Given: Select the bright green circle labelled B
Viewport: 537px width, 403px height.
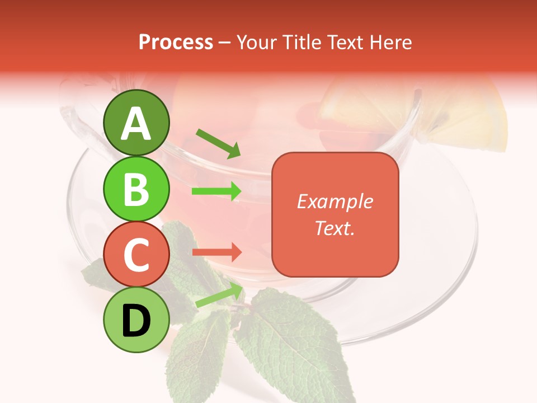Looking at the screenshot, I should (x=136, y=189).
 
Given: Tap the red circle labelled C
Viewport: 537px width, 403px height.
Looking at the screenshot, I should (x=136, y=255).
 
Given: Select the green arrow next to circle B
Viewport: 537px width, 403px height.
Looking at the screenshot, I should (x=217, y=191).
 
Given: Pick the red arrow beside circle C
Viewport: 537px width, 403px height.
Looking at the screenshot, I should (x=217, y=252).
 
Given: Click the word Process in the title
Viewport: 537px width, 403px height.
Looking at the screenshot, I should (x=176, y=43).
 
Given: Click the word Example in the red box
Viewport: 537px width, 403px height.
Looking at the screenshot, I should (x=335, y=201).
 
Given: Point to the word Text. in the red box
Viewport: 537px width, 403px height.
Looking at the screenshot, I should (x=335, y=228).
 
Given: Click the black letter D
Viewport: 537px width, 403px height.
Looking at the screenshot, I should (x=136, y=321).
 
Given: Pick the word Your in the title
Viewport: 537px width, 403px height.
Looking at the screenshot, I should (x=255, y=43).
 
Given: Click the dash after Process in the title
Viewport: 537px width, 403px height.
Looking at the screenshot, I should (x=225, y=43).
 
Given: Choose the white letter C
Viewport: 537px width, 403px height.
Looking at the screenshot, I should (x=136, y=255).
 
